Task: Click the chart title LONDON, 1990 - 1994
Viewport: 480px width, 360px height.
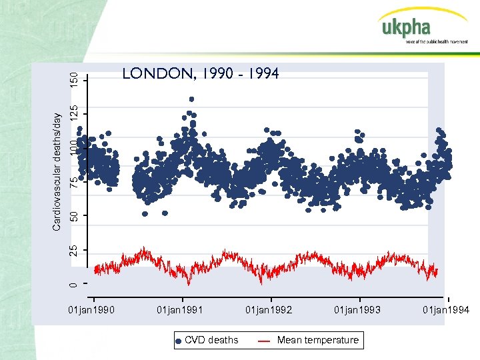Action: click(201, 73)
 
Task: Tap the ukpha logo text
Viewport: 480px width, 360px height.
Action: click(406, 28)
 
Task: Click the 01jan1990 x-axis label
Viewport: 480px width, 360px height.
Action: click(92, 310)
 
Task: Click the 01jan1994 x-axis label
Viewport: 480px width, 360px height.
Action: click(446, 310)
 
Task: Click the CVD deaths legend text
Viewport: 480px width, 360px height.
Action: click(211, 340)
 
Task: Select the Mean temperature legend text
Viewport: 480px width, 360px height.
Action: click(317, 340)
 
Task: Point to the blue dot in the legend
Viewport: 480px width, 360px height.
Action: click(178, 341)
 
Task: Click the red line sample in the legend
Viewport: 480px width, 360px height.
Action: click(264, 341)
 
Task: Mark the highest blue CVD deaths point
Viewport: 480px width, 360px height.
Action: click(191, 99)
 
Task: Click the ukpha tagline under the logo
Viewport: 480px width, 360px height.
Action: click(437, 41)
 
